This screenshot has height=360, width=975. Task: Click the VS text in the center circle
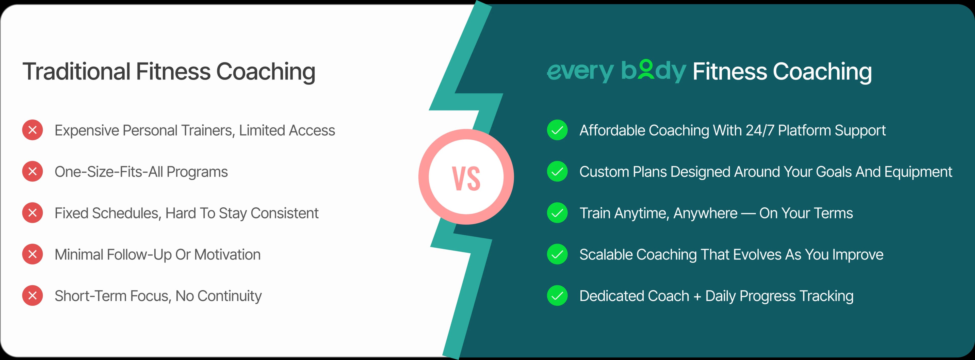466,178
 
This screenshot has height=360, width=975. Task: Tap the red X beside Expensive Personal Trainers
32,130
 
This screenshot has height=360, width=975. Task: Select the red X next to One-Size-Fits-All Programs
32,171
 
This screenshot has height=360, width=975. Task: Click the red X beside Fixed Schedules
32,213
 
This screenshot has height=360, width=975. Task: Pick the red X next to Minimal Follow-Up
32,254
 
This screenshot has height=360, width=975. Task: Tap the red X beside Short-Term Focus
32,296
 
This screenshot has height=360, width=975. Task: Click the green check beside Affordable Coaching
557,130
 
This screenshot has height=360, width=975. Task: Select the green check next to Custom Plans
557,171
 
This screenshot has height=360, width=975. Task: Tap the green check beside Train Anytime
557,213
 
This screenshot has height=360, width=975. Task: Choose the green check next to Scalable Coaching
557,254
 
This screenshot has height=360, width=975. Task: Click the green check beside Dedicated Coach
557,296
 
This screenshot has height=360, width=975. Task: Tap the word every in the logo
580,72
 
